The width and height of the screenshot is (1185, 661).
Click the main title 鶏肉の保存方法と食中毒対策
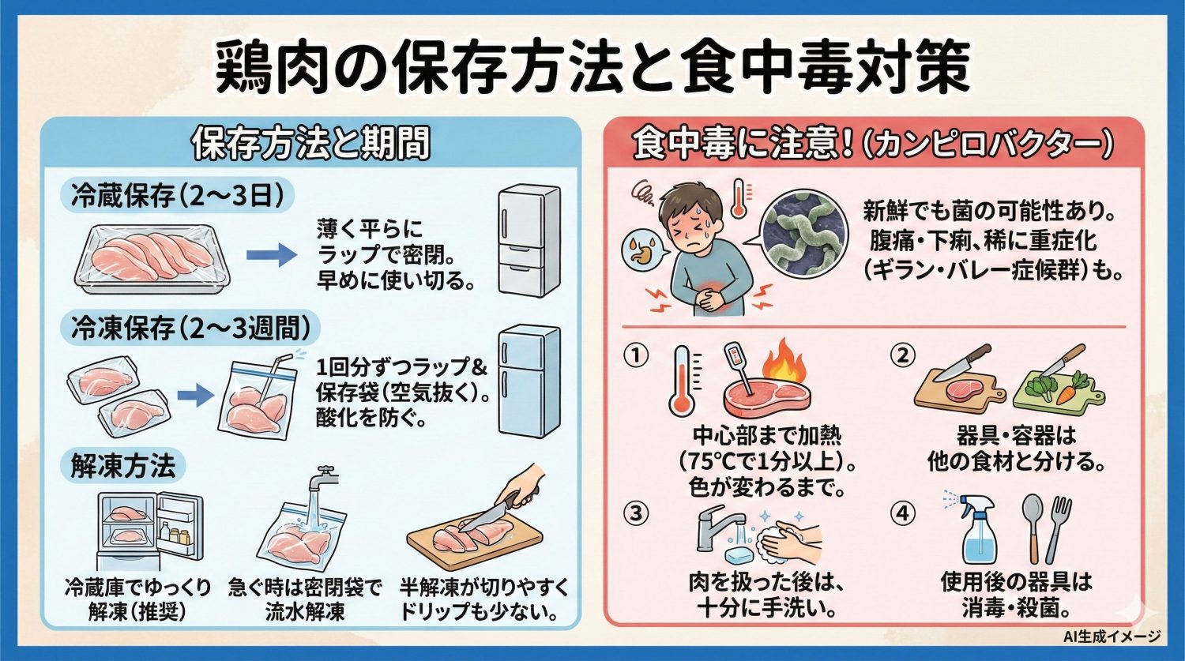coord(592,69)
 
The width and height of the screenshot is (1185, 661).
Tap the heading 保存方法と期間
coord(311,144)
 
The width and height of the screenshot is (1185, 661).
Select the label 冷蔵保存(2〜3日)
coord(177,196)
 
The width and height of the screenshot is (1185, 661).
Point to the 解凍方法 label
coord(122,466)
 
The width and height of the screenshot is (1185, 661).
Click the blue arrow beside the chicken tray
coord(271,255)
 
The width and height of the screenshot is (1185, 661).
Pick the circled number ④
coord(902,513)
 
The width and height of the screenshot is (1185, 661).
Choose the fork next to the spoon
coord(1059,528)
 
